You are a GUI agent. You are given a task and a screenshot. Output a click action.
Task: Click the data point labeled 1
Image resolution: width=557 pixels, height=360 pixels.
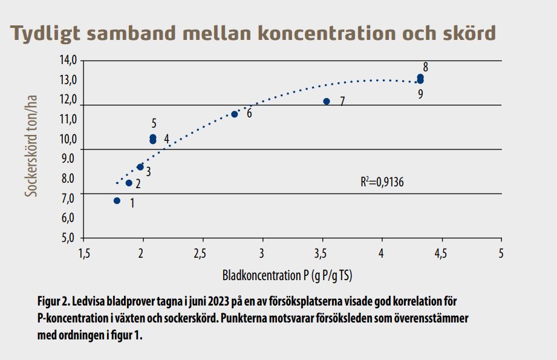click(x=117, y=200)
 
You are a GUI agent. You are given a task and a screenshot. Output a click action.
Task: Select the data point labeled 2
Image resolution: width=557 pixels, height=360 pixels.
click(x=129, y=183)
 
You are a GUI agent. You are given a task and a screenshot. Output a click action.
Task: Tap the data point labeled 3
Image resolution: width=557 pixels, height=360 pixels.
click(x=140, y=167)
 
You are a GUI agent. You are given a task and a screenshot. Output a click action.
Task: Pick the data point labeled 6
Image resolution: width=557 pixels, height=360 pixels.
click(x=235, y=114)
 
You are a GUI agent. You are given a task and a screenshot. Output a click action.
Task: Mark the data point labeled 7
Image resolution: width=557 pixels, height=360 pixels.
click(x=327, y=101)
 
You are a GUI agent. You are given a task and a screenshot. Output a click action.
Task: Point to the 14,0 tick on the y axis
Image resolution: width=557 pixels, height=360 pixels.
click(x=68, y=61)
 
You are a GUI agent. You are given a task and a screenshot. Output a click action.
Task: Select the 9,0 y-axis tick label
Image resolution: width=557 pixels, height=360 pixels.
click(x=68, y=159)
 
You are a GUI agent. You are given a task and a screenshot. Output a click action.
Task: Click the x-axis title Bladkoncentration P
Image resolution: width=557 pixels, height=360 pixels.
click(x=287, y=275)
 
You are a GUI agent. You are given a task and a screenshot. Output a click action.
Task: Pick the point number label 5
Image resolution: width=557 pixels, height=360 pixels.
click(x=154, y=123)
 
